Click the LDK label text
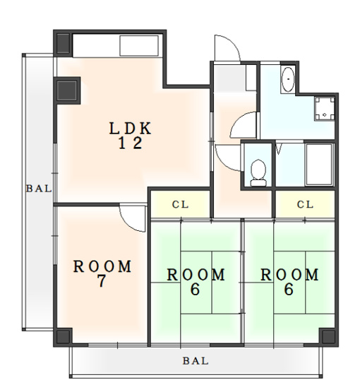(130, 129)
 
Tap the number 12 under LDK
(130, 143)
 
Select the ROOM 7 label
(102, 274)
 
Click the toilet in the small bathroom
(258, 173)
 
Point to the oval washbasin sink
(288, 79)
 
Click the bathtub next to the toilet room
(320, 165)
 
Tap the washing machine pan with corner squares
(325, 109)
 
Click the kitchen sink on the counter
(139, 46)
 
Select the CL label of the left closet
(180, 205)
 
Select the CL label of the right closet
(305, 205)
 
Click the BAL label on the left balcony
(39, 189)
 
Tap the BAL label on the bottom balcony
(196, 361)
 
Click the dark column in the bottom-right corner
(328, 336)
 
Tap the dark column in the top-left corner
(63, 43)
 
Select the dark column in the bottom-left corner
(63, 336)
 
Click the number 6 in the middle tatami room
(195, 290)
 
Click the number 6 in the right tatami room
(289, 290)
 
